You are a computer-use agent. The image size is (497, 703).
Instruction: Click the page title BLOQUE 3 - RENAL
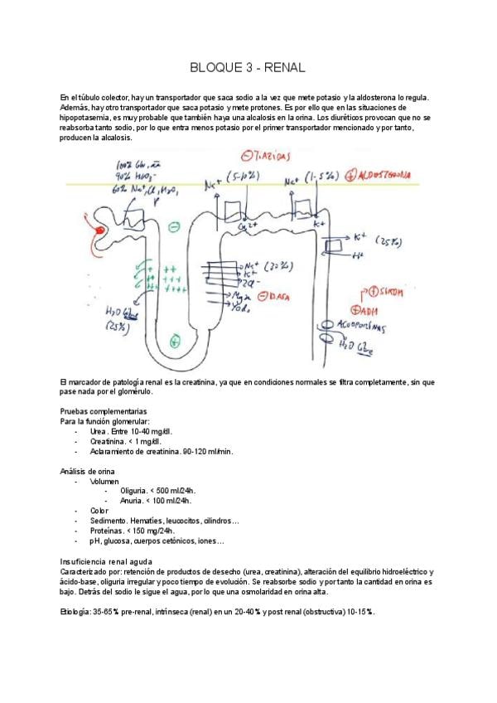(x=248, y=67)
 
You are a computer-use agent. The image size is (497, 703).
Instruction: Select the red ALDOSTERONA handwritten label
(x=388, y=176)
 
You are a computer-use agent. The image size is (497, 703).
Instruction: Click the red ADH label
(x=368, y=310)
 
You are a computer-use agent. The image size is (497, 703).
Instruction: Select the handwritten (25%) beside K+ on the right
(x=387, y=242)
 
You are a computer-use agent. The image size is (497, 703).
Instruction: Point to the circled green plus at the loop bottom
(x=175, y=340)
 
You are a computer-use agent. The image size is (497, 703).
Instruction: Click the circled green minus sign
(x=174, y=225)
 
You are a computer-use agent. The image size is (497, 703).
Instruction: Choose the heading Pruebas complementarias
(x=104, y=411)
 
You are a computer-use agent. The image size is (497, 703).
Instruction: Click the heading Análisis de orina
(x=87, y=471)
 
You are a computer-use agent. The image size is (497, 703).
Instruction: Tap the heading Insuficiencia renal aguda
(x=107, y=561)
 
